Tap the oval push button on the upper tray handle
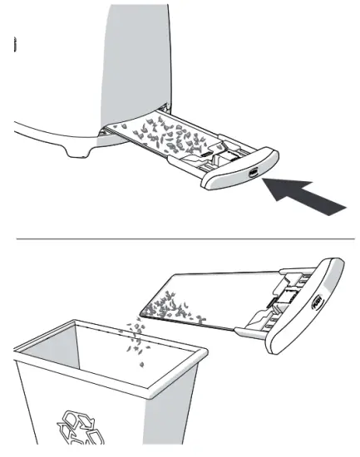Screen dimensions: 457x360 252,173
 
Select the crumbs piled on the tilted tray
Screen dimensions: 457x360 170,310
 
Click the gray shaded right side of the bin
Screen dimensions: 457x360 174,407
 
